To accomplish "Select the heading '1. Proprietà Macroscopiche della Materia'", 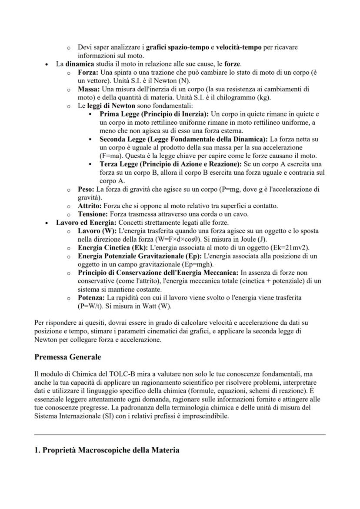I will click(107, 450).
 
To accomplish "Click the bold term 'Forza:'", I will click(89, 72).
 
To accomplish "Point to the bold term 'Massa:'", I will click(90, 89).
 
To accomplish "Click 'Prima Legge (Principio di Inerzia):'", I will click(154, 114).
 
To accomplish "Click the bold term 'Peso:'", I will click(86, 189).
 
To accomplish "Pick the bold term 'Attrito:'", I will click(90, 206).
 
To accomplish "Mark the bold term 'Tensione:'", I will click(93, 214).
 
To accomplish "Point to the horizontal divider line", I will click(180, 434).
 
